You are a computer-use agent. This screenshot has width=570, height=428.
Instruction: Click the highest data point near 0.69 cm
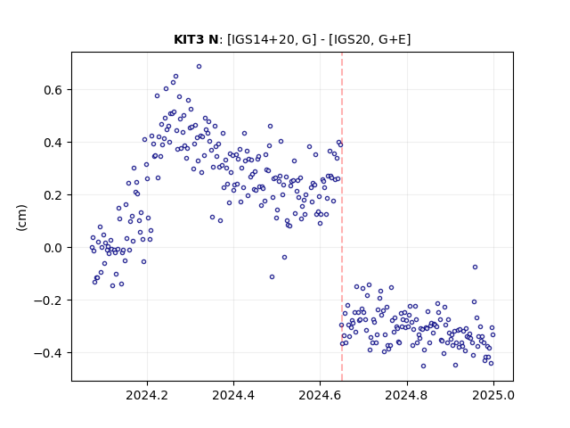(x=199, y=67)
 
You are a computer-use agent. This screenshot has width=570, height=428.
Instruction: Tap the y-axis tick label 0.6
(x=53, y=90)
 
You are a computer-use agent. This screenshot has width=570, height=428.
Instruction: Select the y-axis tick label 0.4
(x=53, y=143)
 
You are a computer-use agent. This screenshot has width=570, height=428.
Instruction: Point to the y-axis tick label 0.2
(x=53, y=195)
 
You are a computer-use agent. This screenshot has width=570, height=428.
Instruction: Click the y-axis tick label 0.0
(x=53, y=248)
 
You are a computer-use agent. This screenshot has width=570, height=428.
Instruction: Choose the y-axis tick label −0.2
(x=48, y=300)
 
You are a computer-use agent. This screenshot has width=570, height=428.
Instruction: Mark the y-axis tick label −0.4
(x=48, y=353)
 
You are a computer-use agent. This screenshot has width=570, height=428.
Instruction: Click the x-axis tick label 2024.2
(x=147, y=395)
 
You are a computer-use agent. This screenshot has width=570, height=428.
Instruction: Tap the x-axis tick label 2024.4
(x=233, y=395)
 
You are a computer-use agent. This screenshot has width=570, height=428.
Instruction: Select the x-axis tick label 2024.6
(x=320, y=395)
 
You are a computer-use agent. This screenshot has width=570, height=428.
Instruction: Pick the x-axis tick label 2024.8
(x=407, y=395)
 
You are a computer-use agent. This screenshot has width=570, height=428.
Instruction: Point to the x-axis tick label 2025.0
(x=493, y=395)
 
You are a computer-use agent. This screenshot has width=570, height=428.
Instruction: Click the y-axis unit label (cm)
(x=21, y=218)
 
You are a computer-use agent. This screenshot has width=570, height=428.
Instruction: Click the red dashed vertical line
(x=342, y=217)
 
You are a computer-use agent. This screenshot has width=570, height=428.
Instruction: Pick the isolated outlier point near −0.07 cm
(x=475, y=267)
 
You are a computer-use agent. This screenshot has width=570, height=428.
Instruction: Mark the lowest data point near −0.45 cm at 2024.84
(x=423, y=366)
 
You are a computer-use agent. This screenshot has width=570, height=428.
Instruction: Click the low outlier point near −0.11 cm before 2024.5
(x=272, y=277)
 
